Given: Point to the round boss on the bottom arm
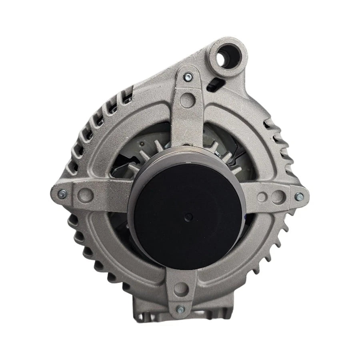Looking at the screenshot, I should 182,286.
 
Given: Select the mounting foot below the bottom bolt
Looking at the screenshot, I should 182,324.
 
